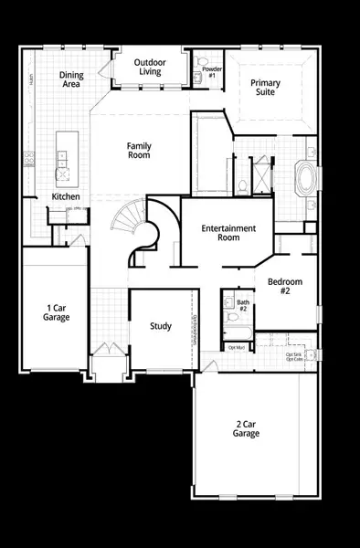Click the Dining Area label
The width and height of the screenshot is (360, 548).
coord(72,79)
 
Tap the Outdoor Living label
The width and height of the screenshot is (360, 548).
coord(150,67)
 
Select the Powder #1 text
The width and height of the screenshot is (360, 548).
coord(211,70)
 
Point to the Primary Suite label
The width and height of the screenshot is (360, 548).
coord(266,88)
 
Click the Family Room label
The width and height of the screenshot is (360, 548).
coord(139,150)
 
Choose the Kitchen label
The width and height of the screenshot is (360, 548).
coord(66,197)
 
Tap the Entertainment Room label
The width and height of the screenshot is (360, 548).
coord(229,232)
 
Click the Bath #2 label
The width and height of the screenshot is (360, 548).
coord(243,305)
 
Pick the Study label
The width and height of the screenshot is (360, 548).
coord(161,326)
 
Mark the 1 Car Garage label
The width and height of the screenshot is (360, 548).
coord(57,312)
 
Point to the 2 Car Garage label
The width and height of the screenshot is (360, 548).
coord(246,428)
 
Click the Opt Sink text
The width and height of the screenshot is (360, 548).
coord(293,354)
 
